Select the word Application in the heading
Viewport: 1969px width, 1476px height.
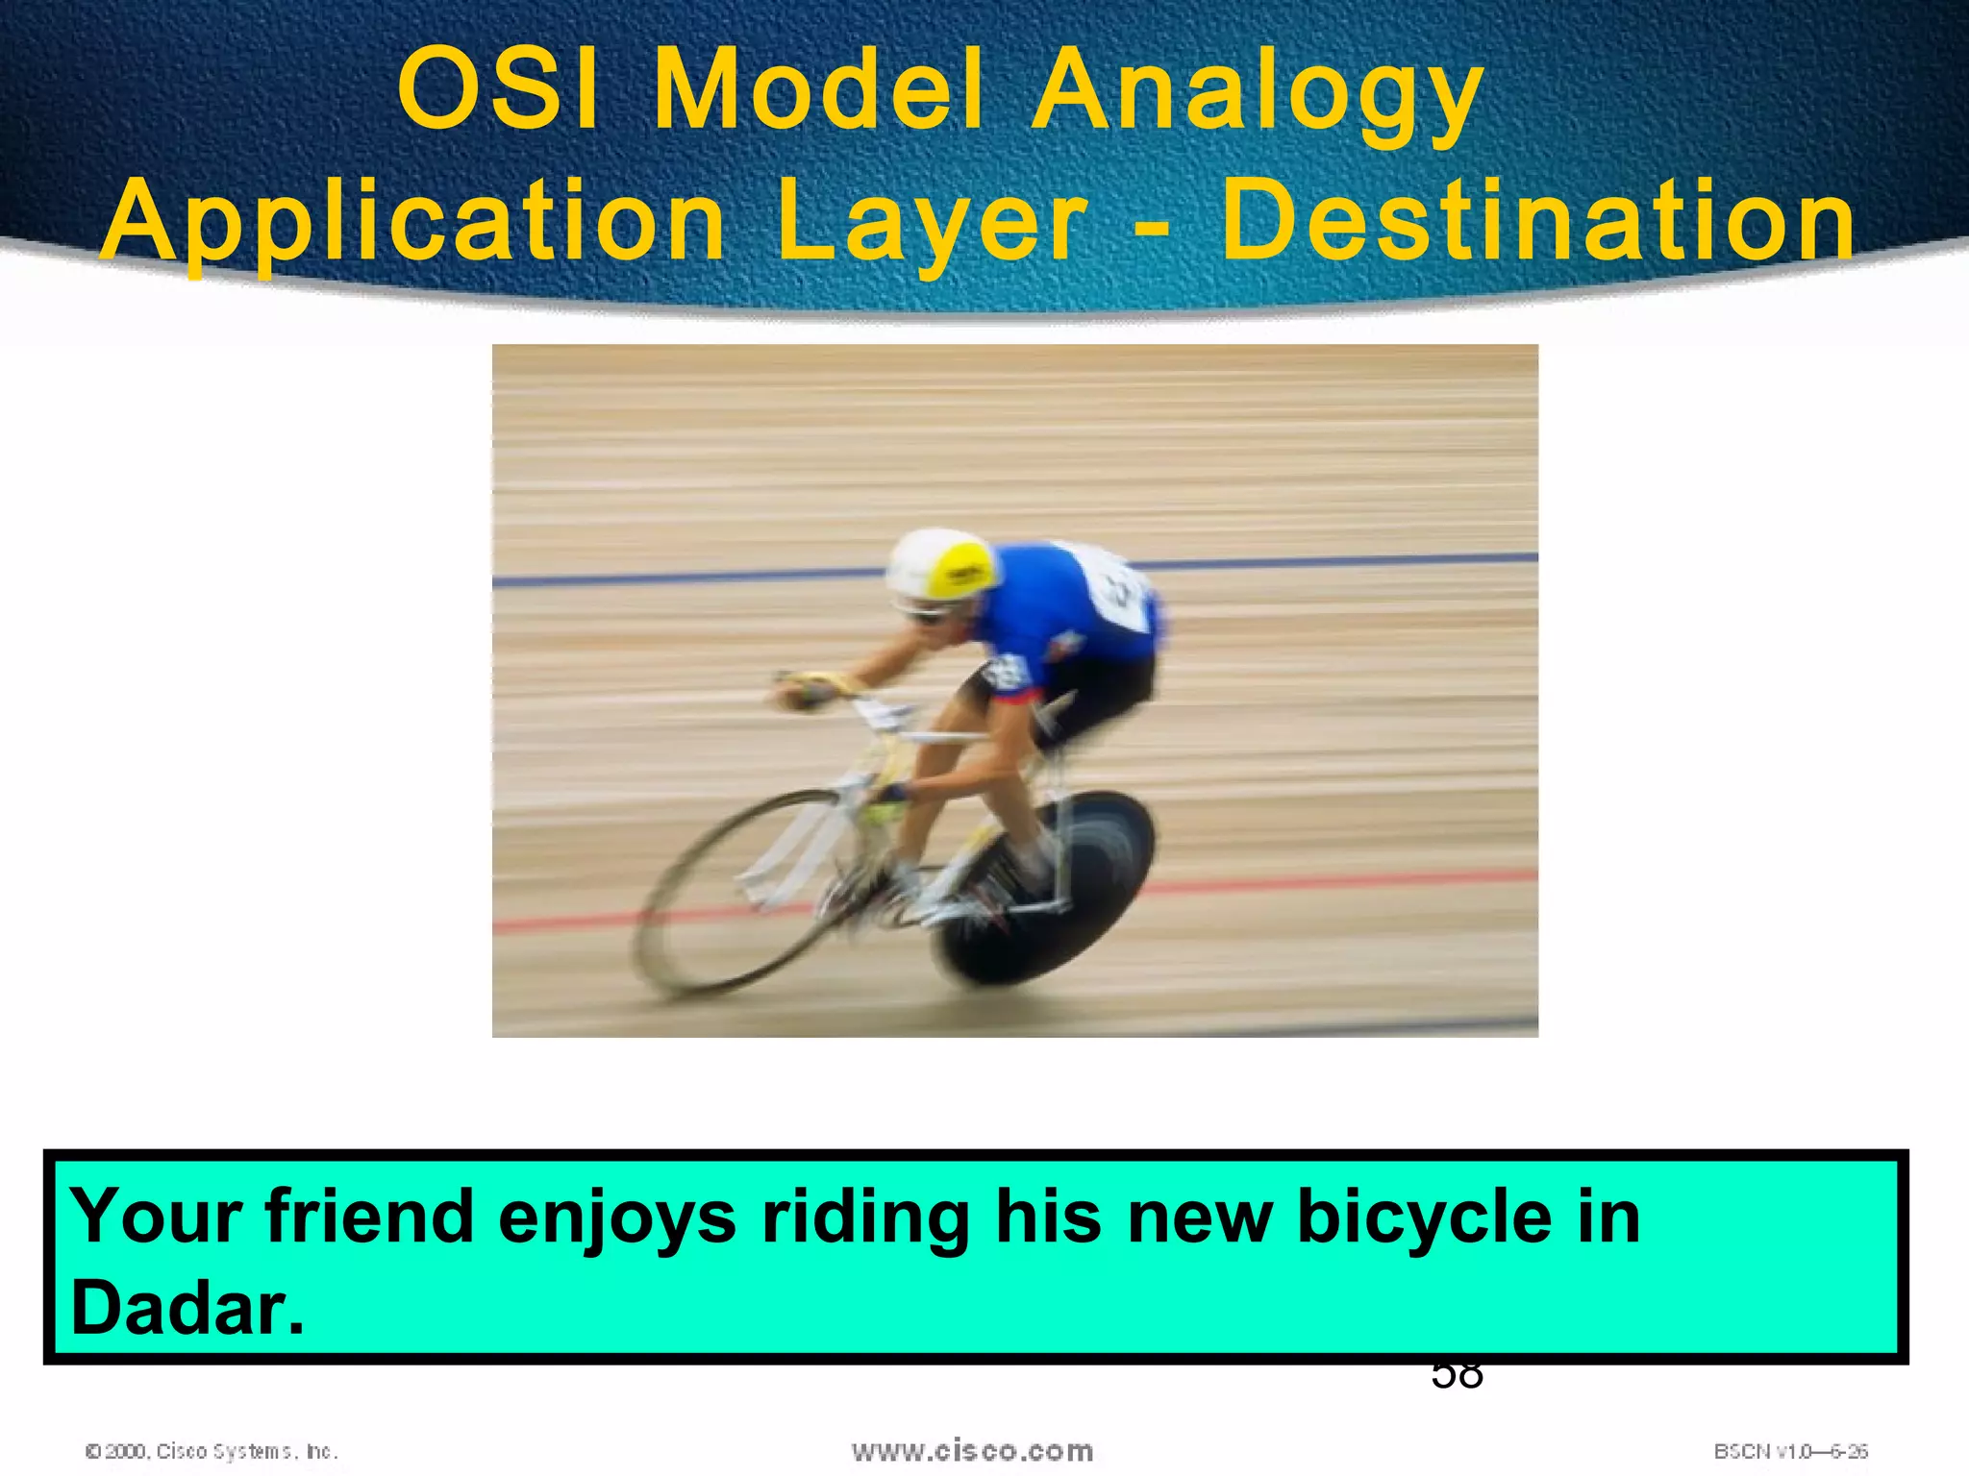pos(413,223)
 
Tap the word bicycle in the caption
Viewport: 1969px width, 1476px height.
pos(1424,1217)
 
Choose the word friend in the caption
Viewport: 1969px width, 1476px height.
pos(370,1217)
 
